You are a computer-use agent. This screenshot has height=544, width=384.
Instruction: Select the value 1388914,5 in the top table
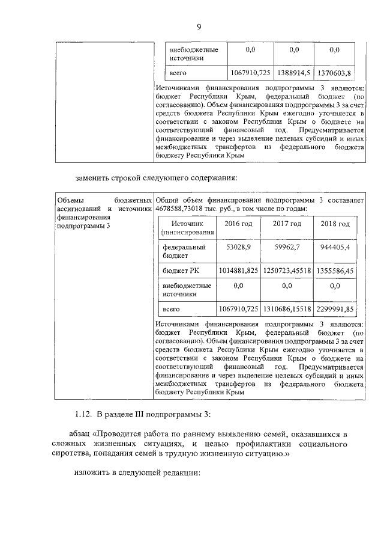pyautogui.click(x=293, y=73)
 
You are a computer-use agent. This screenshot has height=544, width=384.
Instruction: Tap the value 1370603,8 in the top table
pyautogui.click(x=334, y=73)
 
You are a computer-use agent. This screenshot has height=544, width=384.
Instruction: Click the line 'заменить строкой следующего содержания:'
pyautogui.click(x=157, y=177)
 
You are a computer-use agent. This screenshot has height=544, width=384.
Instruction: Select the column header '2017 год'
pyautogui.click(x=287, y=224)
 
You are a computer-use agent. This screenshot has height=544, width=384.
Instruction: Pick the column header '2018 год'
pyautogui.click(x=335, y=224)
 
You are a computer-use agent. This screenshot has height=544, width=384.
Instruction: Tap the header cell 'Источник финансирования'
pyautogui.click(x=187, y=228)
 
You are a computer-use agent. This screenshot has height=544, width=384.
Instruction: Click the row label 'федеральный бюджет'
pyautogui.click(x=181, y=251)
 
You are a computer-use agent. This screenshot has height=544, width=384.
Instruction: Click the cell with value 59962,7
pyautogui.click(x=287, y=247)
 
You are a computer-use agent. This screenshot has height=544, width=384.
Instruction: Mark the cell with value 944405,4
pyautogui.click(x=335, y=247)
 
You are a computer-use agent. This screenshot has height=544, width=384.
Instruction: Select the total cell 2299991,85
pyautogui.click(x=335, y=309)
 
